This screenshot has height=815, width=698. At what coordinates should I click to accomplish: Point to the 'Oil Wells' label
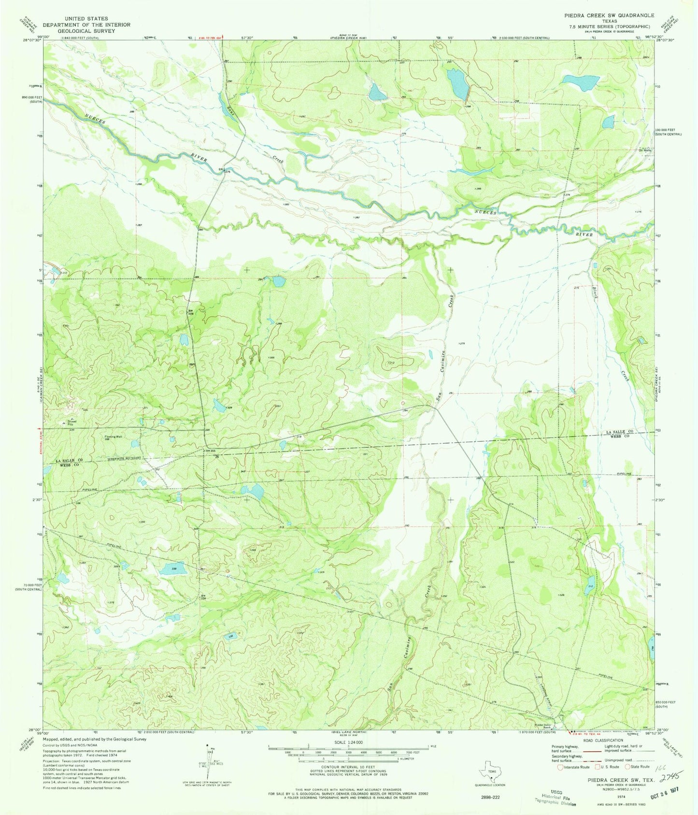[x=645, y=150]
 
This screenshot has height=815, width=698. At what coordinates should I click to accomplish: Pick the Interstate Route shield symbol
[x=560, y=767]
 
